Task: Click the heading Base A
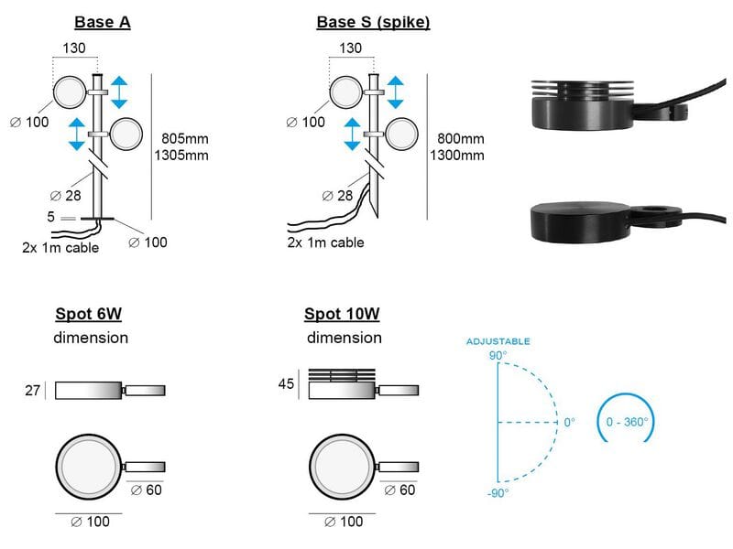point(102,22)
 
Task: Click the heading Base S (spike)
point(373,22)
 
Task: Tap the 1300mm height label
point(458,155)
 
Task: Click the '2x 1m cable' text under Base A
point(61,247)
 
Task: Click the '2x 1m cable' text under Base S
point(325,242)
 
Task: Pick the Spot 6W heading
point(89,315)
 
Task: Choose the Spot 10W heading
point(342,315)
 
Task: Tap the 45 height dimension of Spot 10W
point(286,384)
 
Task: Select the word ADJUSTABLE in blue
point(498,341)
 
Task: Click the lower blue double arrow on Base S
point(350,134)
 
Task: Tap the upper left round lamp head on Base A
point(70,93)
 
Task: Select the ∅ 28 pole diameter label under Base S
point(337,195)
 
